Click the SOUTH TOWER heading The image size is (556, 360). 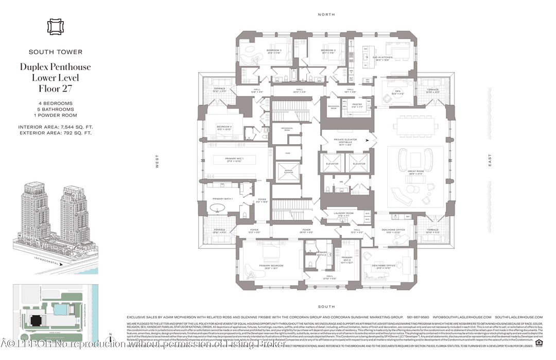[56, 52]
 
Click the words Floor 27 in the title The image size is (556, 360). [56, 88]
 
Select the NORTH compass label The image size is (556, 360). [326, 14]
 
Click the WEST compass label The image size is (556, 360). [158, 162]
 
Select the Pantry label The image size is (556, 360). [357, 106]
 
